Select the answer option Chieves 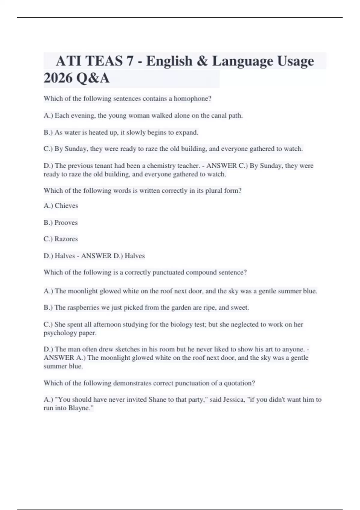click(66, 206)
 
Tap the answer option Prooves click(66, 223)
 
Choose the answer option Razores click(66, 239)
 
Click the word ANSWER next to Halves click(96, 256)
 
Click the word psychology click(60, 333)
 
